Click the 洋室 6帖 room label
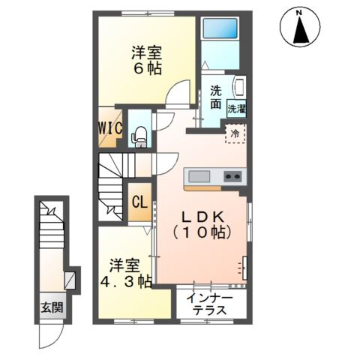tap(147, 60)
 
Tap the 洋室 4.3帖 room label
tap(126, 273)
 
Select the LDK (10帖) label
tap(202, 225)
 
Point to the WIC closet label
tap(110, 128)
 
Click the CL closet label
tap(139, 202)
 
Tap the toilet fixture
tap(139, 136)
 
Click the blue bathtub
tap(220, 28)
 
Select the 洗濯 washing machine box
tap(237, 109)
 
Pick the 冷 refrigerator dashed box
tap(235, 133)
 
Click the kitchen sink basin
tap(199, 176)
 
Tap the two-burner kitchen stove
tap(232, 176)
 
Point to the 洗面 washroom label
tap(215, 97)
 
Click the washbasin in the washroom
tap(238, 85)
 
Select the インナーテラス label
tap(210, 304)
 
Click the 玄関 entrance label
tap(52, 307)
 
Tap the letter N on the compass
tap(298, 13)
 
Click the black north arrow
tap(301, 31)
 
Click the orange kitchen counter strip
tap(202, 188)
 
